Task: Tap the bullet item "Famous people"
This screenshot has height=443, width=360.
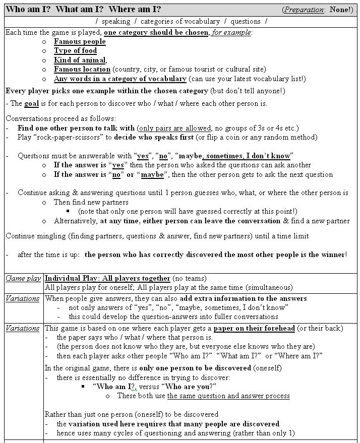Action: [80, 41]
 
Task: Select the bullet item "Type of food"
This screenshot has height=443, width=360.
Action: [75, 50]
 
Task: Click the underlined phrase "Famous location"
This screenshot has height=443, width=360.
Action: [82, 69]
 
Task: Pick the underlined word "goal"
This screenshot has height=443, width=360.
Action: [31, 103]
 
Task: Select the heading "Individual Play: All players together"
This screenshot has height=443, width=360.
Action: [107, 278]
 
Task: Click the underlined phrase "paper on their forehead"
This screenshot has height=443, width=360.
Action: [254, 328]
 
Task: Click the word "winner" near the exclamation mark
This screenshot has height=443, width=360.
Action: [333, 255]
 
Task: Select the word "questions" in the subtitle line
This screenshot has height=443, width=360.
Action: [245, 21]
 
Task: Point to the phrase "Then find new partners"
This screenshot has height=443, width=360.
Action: [91, 202]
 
